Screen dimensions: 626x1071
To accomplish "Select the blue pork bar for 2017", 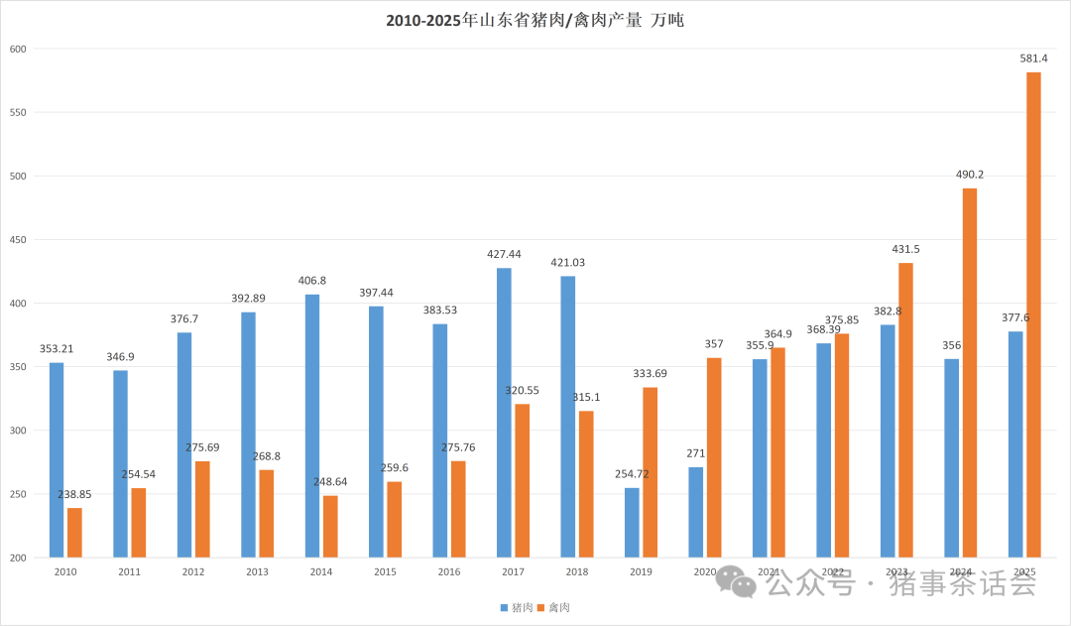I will pyautogui.click(x=504, y=412).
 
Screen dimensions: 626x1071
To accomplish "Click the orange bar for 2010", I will pyautogui.click(x=74, y=532).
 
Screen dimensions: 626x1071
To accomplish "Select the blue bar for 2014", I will pyautogui.click(x=312, y=426).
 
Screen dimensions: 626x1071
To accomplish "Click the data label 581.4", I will pyautogui.click(x=1033, y=60).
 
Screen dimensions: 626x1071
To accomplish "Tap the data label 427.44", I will pyautogui.click(x=504, y=255).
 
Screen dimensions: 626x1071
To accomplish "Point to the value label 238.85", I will pyautogui.click(x=74, y=494).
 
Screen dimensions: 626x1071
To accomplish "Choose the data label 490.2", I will pyautogui.click(x=970, y=175).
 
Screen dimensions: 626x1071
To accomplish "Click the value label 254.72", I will pyautogui.click(x=632, y=475).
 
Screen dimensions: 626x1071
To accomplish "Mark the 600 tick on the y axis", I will pyautogui.click(x=17, y=49).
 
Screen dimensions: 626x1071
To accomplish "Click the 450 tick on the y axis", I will pyautogui.click(x=17, y=240).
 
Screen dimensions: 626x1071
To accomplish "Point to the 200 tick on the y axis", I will pyautogui.click(x=17, y=558).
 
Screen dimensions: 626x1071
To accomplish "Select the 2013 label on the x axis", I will pyautogui.click(x=257, y=572).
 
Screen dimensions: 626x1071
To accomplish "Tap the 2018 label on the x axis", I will pyautogui.click(x=576, y=572).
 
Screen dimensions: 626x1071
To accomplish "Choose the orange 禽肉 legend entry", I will pyautogui.click(x=553, y=607).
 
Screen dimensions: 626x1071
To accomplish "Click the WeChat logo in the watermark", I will pyautogui.click(x=737, y=582).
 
